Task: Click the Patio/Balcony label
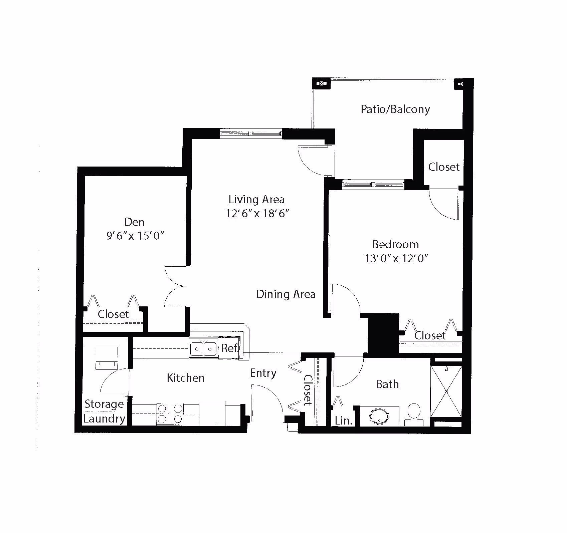(395, 109)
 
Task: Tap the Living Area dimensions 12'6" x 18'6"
(257, 213)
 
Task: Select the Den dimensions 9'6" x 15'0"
(135, 236)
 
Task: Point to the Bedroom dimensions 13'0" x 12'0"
(396, 258)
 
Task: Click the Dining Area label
(286, 294)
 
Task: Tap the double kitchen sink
(203, 348)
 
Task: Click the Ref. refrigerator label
(230, 348)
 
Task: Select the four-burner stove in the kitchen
(170, 414)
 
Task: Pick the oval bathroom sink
(379, 416)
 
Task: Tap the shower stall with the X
(446, 391)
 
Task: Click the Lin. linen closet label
(344, 421)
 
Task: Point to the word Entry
(263, 373)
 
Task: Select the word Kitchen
(186, 378)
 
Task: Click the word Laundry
(104, 419)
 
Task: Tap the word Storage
(104, 404)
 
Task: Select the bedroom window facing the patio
(374, 184)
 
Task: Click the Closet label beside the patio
(444, 167)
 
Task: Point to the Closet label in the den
(114, 314)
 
